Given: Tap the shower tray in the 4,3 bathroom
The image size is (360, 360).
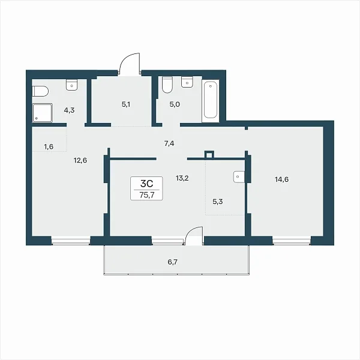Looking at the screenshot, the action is coord(43,113).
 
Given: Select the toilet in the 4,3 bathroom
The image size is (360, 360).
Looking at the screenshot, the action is coord(40,91).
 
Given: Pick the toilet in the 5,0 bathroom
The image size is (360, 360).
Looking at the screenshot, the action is coord(167,85).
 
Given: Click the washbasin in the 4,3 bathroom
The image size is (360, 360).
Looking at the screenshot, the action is coord(72,85).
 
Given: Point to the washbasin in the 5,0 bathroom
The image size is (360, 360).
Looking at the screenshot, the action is coord(187,82).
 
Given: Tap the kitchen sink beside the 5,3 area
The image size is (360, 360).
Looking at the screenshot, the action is coord(239,177).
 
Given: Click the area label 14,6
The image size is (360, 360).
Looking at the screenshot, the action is coord(282,179).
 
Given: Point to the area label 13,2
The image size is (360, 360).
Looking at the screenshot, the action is coord(182,178).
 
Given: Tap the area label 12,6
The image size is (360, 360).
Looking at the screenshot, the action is coord(80,160).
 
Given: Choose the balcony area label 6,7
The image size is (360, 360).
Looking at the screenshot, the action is coord(172,262).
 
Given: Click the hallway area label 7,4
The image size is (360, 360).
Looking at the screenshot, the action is coord(169,144).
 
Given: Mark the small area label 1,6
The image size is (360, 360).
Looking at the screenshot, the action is coord(49,146).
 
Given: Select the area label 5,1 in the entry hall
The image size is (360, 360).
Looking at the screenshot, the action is coord(126,104).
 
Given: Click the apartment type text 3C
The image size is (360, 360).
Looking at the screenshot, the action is coord(147,184).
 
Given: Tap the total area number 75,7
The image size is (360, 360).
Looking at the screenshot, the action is coord(147,195).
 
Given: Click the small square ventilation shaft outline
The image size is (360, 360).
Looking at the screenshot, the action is coord(209,155).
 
